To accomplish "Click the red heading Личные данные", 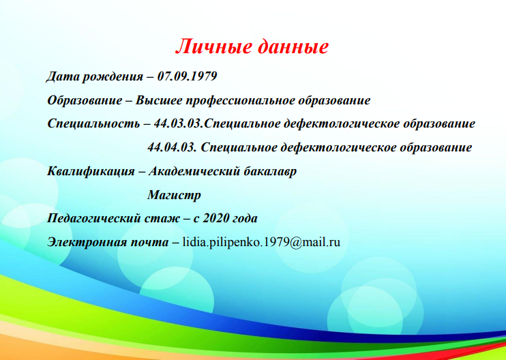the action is (252, 47).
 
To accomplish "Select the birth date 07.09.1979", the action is (187, 76).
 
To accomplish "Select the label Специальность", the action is (93, 124).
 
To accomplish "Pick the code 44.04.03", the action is (172, 147).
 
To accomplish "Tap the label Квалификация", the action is (91, 172).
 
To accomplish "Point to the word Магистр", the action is (175, 196).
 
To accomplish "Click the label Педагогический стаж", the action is (113, 219).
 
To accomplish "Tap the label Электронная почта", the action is (108, 243).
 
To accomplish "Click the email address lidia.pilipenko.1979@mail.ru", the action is (261, 242).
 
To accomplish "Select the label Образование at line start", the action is (85, 101).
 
